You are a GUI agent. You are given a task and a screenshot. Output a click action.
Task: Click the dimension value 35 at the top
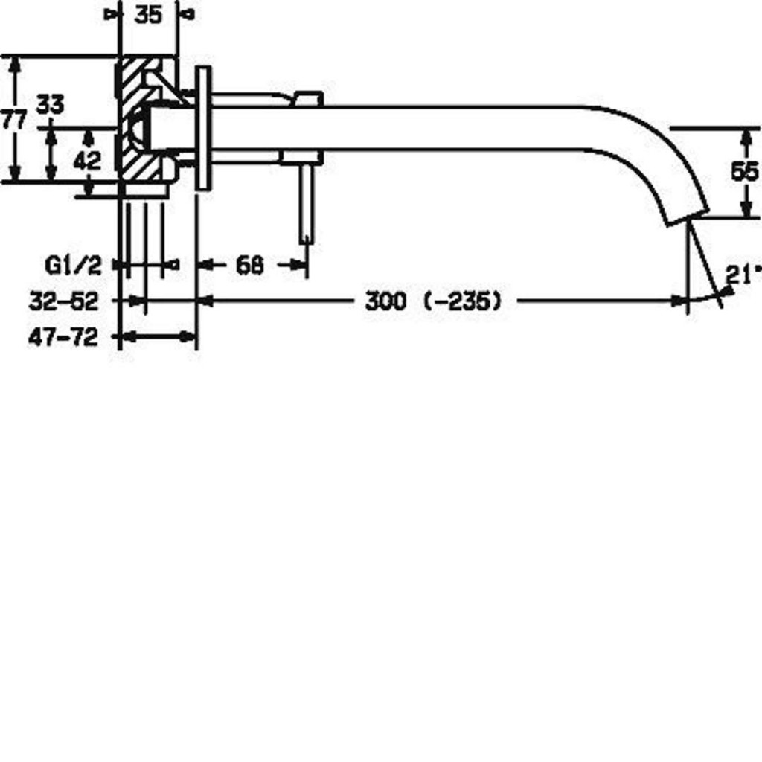click(x=148, y=15)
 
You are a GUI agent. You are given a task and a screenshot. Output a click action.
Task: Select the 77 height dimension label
click(x=13, y=119)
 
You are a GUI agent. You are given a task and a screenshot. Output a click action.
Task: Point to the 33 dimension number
click(x=51, y=104)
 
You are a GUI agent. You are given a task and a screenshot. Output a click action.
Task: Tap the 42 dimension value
click(x=88, y=161)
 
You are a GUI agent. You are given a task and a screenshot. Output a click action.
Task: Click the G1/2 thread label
click(x=74, y=266)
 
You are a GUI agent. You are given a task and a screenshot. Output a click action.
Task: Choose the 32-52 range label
click(x=64, y=301)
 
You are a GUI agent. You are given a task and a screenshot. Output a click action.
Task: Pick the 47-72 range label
click(x=63, y=337)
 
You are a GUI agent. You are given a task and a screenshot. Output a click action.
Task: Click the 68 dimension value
click(x=250, y=266)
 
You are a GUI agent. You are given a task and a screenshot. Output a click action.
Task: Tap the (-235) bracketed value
click(x=462, y=301)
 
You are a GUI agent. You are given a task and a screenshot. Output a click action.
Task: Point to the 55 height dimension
click(x=744, y=171)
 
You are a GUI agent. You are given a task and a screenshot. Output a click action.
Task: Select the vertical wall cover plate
click(x=203, y=128)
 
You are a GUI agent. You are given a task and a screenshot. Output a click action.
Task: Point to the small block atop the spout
click(x=308, y=98)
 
